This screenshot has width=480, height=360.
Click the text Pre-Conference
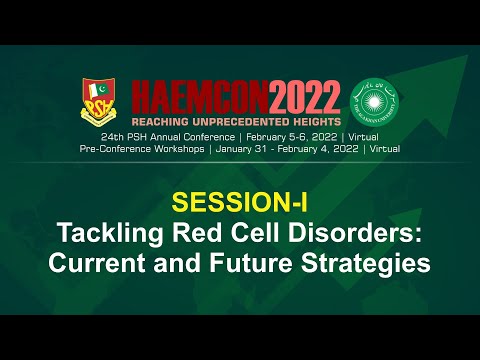[113, 147]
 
